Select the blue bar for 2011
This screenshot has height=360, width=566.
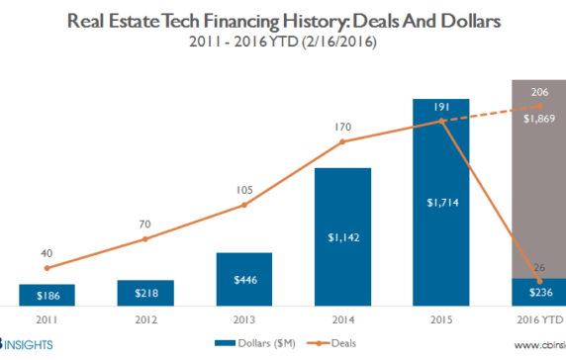click(47, 294)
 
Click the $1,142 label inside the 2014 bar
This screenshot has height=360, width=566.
click(342, 237)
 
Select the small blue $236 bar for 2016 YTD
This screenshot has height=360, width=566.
click(539, 293)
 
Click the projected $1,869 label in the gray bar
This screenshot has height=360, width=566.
click(539, 117)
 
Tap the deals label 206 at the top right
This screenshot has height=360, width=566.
click(539, 91)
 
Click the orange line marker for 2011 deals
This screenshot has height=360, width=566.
click(47, 268)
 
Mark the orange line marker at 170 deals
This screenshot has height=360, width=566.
click(342, 141)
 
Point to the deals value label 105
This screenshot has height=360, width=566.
click(243, 190)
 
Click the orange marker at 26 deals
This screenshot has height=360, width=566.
click(539, 282)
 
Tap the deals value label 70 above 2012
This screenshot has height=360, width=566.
click(145, 223)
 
